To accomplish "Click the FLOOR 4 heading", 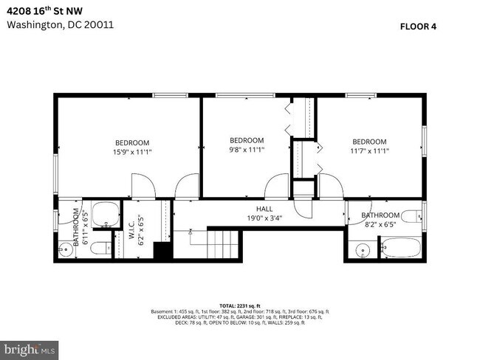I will point(418,27).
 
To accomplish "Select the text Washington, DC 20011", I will point(61,24).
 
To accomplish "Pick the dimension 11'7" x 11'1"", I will point(369,150).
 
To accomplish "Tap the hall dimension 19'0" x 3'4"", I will point(264,218).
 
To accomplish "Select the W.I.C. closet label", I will point(131,227).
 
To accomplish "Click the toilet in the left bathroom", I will point(101,246).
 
